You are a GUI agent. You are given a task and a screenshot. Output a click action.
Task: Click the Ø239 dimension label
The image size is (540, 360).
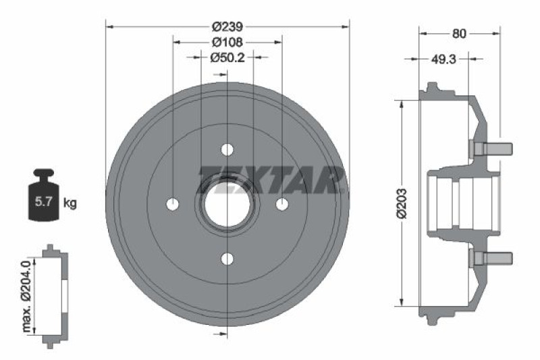pyautogui.click(x=227, y=27)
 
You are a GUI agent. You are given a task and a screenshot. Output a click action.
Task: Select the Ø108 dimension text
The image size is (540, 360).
pyautogui.click(x=227, y=42)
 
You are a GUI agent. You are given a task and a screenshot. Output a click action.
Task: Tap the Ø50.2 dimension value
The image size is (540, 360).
pyautogui.click(x=227, y=57)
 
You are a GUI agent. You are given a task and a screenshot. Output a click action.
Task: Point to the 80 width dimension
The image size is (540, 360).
pyautogui.click(x=459, y=32)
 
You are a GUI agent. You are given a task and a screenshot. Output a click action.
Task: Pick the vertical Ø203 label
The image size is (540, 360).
pyautogui.click(x=400, y=203)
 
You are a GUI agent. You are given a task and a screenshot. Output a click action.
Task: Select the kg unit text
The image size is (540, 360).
pyautogui.click(x=69, y=202)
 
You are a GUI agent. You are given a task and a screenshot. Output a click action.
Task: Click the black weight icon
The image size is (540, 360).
pyautogui.click(x=43, y=195)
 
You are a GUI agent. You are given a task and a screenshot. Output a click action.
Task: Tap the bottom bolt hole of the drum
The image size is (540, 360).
pyautogui.click(x=227, y=259)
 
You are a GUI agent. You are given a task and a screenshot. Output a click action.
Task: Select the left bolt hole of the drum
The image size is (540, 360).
pyautogui.click(x=173, y=203)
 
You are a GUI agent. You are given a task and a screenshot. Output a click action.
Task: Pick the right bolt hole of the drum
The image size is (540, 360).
pyautogui.click(x=282, y=203)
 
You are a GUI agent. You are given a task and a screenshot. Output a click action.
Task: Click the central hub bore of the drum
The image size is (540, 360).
pyautogui.click(x=227, y=203)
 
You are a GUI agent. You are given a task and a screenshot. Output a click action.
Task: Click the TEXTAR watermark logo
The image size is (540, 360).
pyautogui.click(x=270, y=179)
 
